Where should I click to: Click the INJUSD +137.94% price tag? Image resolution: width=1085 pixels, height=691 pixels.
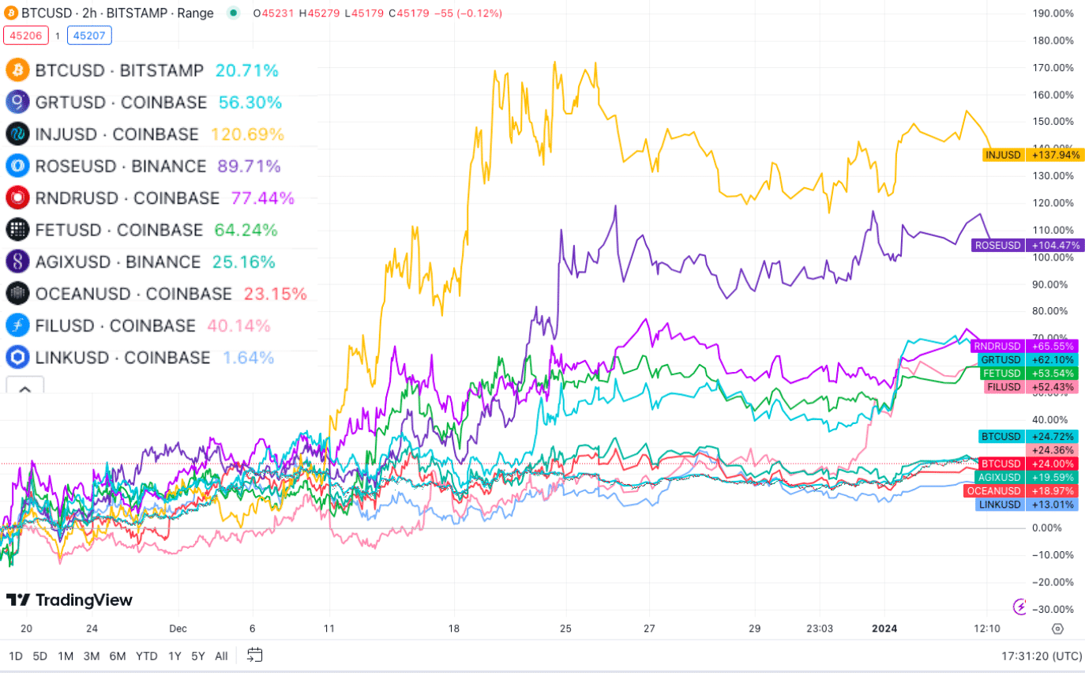click(x=1031, y=155)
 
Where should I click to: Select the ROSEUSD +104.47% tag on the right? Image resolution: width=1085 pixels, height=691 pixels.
click(x=1027, y=246)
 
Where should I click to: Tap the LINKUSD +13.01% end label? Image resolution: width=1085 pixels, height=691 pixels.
click(x=1027, y=505)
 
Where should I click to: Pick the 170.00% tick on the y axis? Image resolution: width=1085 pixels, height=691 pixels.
click(x=1053, y=68)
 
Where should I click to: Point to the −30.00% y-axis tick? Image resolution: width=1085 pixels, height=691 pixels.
click(x=1053, y=610)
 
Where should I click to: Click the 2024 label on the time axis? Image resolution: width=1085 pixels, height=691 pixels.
click(x=884, y=629)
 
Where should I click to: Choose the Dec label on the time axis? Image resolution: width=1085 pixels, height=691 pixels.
click(x=178, y=629)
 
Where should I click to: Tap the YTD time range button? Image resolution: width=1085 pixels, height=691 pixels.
click(x=146, y=656)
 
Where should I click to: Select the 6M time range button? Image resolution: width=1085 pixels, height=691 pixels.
click(x=118, y=656)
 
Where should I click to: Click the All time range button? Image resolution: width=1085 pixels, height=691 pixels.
click(x=221, y=656)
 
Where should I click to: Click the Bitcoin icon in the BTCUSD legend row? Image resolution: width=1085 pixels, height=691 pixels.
click(x=17, y=70)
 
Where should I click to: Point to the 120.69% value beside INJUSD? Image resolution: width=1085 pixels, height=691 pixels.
click(x=247, y=134)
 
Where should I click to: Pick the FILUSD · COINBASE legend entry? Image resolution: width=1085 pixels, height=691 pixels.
click(x=115, y=325)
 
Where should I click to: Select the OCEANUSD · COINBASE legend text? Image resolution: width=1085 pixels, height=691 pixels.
click(x=133, y=294)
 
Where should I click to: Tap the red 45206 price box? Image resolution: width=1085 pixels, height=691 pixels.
click(x=26, y=36)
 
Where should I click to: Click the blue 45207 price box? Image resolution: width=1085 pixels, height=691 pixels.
click(x=89, y=36)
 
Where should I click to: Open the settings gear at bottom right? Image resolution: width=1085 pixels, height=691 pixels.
click(x=1057, y=629)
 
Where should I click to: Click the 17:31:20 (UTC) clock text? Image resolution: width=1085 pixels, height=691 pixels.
click(x=1042, y=656)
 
